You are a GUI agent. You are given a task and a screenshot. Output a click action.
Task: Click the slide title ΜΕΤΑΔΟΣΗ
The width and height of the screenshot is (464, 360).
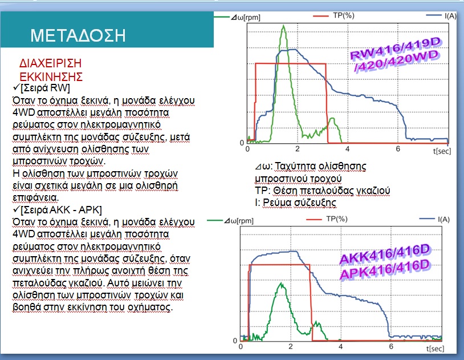pyautogui.click(x=78, y=35)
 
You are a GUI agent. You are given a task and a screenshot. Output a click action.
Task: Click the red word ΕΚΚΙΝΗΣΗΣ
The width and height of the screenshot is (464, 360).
pyautogui.click(x=51, y=77)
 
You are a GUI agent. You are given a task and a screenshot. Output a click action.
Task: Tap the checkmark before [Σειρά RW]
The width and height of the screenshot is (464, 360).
pyautogui.click(x=17, y=87)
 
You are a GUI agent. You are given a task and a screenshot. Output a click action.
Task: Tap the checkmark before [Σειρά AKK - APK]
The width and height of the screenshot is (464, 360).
pyautogui.click(x=17, y=209)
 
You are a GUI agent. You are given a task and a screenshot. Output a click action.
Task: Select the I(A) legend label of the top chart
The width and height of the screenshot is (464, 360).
pyautogui.click(x=450, y=16)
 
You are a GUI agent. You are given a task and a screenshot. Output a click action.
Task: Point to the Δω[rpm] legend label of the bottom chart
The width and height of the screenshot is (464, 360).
pyautogui.click(x=239, y=221)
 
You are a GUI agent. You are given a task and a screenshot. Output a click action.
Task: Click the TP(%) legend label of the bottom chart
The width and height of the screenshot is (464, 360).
pyautogui.click(x=337, y=219)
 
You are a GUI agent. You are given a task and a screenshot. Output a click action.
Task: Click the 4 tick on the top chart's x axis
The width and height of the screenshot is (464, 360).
pyautogui.click(x=347, y=148)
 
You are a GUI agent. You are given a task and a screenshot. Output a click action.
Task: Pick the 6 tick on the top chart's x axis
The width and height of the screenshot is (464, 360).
pyautogui.click(x=398, y=148)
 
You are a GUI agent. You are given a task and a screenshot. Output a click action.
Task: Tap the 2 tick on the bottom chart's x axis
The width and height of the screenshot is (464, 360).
pyautogui.click(x=291, y=346)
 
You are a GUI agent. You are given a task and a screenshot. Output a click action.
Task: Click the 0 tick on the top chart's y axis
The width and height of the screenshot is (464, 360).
pyautogui.click(x=242, y=143)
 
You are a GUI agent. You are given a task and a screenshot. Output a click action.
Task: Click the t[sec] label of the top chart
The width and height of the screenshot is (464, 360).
pyautogui.click(x=442, y=151)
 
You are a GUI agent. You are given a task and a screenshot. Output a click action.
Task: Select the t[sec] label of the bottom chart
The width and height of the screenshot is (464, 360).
pyautogui.click(x=435, y=349)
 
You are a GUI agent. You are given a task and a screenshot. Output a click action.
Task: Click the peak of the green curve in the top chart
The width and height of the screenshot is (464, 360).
pyautogui.click(x=283, y=26)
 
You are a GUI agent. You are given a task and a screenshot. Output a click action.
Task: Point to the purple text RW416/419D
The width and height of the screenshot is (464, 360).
pyautogui.click(x=395, y=48)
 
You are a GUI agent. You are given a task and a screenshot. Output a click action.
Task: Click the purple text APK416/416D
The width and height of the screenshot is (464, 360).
pyautogui.click(x=384, y=269)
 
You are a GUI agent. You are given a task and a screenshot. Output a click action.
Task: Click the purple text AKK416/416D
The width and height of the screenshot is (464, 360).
pyautogui.click(x=384, y=254)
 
